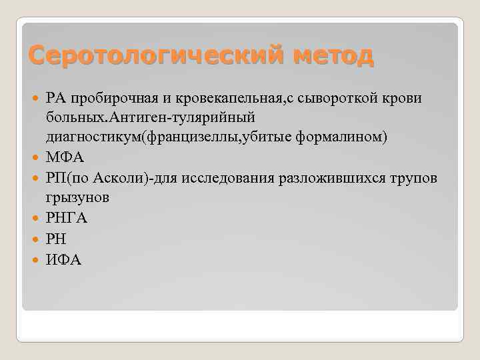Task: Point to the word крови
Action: (x=403, y=99)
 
